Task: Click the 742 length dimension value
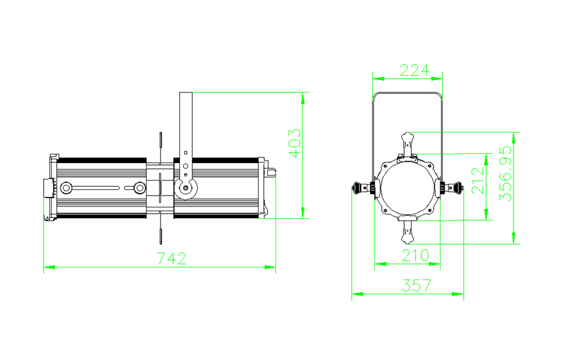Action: [x=172, y=258]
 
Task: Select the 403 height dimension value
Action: [x=295, y=143]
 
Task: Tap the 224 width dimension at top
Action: [x=414, y=70]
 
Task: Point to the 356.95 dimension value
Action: [x=505, y=174]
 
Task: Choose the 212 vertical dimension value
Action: [x=478, y=181]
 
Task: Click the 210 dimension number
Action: [x=415, y=256]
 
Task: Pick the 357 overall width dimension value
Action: [x=416, y=285]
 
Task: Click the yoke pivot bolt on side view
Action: [x=186, y=188]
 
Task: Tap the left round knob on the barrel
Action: [x=66, y=188]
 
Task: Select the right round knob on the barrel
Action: [x=139, y=188]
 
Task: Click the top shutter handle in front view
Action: [x=407, y=144]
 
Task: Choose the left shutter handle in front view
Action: [x=363, y=188]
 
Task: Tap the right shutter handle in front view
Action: [x=452, y=188]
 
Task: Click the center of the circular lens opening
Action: [x=407, y=188]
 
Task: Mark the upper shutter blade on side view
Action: [x=160, y=145]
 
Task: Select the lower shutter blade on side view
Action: [x=160, y=231]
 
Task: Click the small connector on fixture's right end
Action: [x=271, y=172]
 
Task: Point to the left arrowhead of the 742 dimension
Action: [x=49, y=267]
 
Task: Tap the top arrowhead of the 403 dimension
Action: [x=303, y=98]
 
